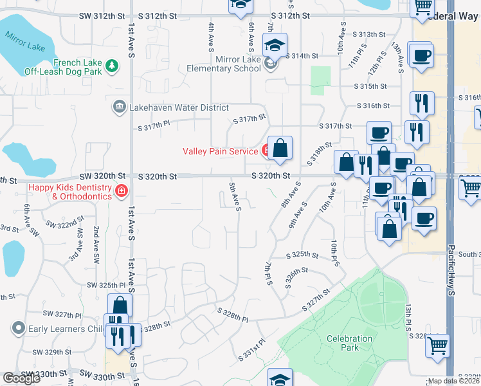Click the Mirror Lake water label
click(x=24, y=45)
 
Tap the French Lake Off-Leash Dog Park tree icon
click(x=113, y=65)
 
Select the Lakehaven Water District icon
click(x=119, y=106)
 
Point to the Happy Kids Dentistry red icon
click(x=121, y=190)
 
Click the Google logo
click(x=21, y=378)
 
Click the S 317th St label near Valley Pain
click(x=249, y=119)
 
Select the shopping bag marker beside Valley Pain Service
click(x=280, y=149)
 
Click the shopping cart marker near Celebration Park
click(x=437, y=345)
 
